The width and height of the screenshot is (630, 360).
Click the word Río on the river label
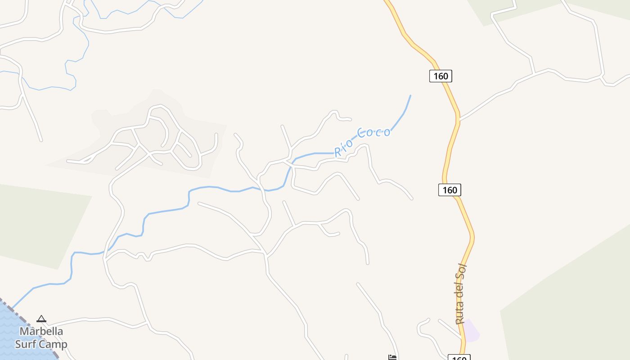[343, 148]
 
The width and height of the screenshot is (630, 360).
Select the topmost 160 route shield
[440, 76]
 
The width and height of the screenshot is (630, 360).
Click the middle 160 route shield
[450, 190]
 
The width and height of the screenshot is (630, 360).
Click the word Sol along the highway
[463, 272]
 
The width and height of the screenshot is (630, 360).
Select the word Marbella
[41, 331]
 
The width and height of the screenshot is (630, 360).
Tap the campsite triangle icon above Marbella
[41, 319]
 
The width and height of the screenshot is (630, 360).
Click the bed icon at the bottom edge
[392, 357]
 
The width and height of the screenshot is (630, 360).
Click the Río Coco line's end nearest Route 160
[410, 96]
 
